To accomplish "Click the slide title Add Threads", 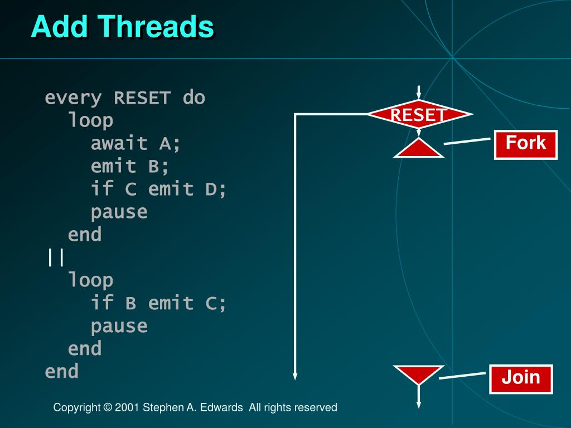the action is click(x=122, y=26).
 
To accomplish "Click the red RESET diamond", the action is click(x=419, y=115).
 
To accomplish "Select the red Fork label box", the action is click(x=526, y=144).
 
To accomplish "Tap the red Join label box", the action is click(x=521, y=378).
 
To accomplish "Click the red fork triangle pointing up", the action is click(x=419, y=149).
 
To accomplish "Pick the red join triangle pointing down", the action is click(x=419, y=374).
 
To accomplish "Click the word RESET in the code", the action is click(x=142, y=98).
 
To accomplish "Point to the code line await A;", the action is click(x=136, y=144).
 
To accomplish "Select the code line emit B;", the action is click(x=130, y=167).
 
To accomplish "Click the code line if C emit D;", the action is click(x=159, y=189).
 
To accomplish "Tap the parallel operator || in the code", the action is click(x=56, y=258).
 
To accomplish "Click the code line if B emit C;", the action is click(x=159, y=304).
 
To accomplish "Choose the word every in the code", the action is click(x=73, y=98).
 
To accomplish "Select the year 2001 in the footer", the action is click(x=127, y=407).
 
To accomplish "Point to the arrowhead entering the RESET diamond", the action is click(x=419, y=101).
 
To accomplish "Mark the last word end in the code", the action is click(x=62, y=372).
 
